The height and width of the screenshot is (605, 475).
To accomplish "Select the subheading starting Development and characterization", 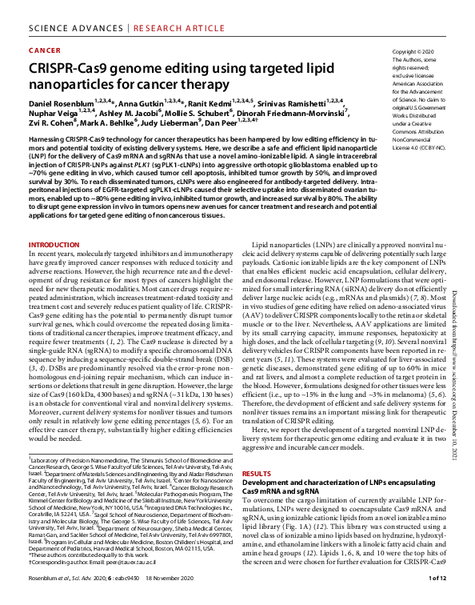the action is [x=338, y=483].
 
